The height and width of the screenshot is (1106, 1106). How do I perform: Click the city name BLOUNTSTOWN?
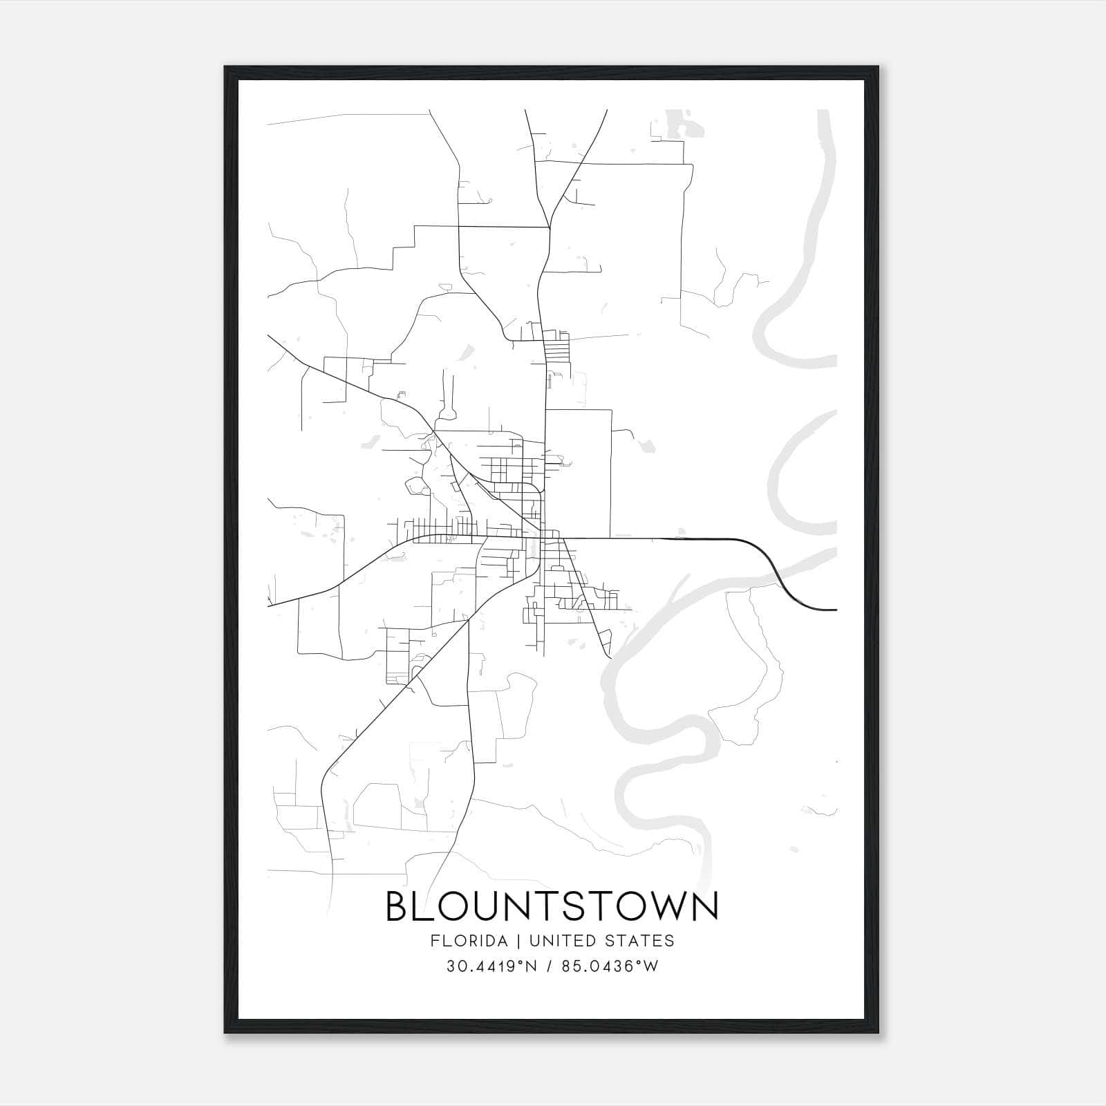click(552, 907)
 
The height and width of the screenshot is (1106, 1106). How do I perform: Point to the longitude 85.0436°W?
click(608, 966)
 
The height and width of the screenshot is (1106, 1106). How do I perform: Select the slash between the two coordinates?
click(548, 966)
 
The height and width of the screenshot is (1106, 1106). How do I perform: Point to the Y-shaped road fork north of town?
click(550, 227)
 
